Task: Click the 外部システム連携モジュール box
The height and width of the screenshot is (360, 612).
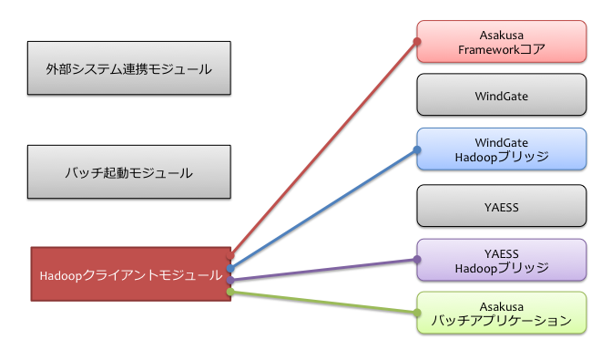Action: (x=128, y=67)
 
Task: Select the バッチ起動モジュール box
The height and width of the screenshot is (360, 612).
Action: (x=128, y=171)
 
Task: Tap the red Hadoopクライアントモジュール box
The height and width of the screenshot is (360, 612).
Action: (x=130, y=273)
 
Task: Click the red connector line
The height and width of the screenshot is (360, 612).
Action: (x=323, y=149)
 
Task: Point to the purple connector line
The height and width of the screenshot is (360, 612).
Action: (x=323, y=270)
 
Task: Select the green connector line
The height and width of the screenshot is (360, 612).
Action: (x=323, y=303)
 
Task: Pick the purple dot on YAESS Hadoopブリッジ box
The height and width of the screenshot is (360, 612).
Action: (x=417, y=261)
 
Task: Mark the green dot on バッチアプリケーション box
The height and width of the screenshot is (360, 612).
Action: (x=417, y=314)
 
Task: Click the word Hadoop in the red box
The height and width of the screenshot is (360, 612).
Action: (x=61, y=274)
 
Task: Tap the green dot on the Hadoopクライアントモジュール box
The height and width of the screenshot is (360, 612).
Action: (x=231, y=292)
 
